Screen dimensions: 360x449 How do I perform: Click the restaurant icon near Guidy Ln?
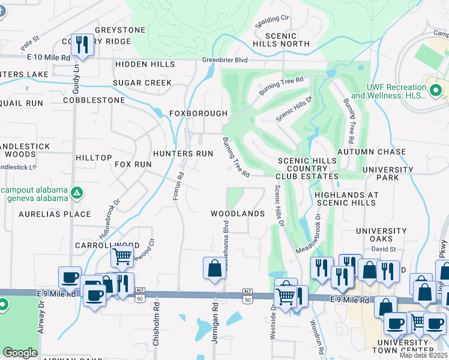point(80,45)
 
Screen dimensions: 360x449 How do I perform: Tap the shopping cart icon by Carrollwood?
point(122,257)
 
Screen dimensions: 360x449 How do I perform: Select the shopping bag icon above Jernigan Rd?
point(214,269)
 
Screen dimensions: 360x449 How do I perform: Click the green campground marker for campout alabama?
point(76,193)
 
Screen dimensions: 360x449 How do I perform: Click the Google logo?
point(20,353)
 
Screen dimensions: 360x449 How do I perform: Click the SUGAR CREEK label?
point(142,83)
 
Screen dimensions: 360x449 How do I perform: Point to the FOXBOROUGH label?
point(198,113)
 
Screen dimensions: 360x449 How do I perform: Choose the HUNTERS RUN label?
point(183,154)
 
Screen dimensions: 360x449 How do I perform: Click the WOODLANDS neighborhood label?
point(238,214)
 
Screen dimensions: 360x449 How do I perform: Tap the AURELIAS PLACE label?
point(55,214)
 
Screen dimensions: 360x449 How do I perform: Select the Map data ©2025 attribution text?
point(424,355)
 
